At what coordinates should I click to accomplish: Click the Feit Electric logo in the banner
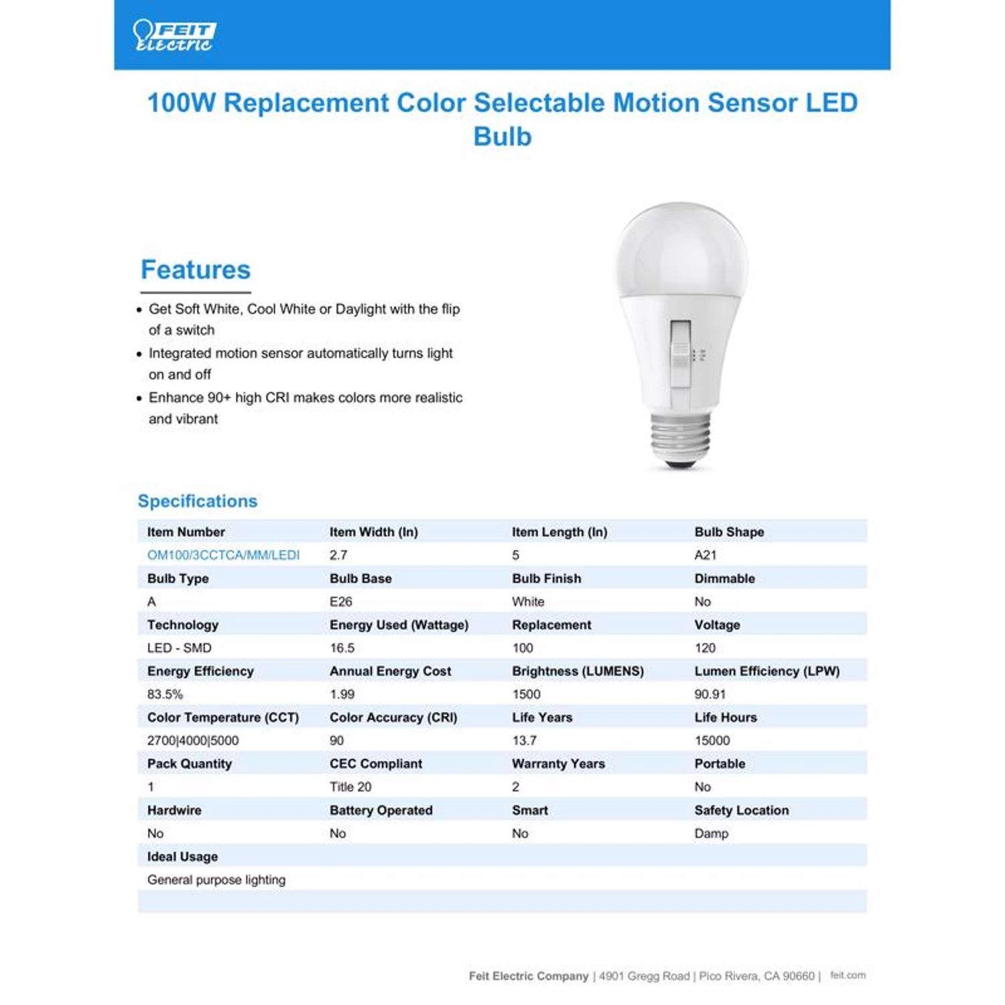tap(174, 36)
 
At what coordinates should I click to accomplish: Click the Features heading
tap(195, 269)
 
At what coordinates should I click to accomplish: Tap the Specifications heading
tap(198, 501)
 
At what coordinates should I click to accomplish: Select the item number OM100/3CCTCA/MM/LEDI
tap(223, 555)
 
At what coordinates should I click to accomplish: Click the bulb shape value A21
tap(706, 555)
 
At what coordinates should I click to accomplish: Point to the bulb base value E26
tap(341, 602)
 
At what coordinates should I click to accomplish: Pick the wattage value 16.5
tap(342, 648)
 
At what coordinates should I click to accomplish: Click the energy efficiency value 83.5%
tap(165, 694)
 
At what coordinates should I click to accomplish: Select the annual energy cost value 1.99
tap(342, 694)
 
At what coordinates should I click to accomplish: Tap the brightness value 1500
tap(526, 694)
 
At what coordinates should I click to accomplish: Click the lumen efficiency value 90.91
tap(710, 694)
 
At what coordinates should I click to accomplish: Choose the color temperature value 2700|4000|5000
tap(193, 740)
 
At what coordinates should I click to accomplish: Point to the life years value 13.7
tap(524, 740)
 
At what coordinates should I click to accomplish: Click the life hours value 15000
tap(712, 740)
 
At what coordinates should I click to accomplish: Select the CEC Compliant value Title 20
tap(350, 787)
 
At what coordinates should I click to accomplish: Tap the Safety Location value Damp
tap(712, 833)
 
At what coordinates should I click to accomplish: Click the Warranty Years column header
tap(558, 764)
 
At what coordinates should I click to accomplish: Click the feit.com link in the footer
tap(848, 976)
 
